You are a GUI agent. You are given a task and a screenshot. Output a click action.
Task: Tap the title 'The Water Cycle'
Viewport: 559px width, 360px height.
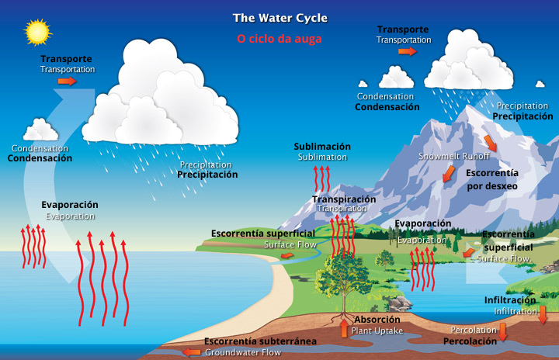tap(280, 18)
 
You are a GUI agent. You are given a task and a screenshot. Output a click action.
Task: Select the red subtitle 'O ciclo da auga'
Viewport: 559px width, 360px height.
tap(279, 37)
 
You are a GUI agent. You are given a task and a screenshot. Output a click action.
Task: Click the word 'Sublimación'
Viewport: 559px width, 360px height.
tap(322, 146)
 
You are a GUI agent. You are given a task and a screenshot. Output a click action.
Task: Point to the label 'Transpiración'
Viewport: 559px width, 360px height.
tap(344, 199)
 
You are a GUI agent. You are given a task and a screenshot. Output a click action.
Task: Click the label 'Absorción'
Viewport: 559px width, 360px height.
tap(377, 320)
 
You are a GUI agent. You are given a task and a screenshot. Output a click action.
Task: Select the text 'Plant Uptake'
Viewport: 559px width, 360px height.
tap(377, 331)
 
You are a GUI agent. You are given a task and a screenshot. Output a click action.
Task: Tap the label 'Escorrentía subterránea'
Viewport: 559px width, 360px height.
tap(260, 341)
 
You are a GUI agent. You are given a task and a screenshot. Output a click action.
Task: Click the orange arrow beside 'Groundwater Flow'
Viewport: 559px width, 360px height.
tap(191, 352)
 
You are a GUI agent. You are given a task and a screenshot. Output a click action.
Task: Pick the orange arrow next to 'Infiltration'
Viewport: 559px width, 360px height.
tap(543, 314)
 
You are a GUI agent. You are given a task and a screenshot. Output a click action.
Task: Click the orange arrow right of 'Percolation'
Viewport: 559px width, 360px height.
tap(503, 332)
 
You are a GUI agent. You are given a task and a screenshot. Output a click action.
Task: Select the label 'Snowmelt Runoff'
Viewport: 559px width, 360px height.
tap(454, 156)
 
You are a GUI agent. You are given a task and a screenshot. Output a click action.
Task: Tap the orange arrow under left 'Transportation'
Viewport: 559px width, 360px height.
tap(68, 81)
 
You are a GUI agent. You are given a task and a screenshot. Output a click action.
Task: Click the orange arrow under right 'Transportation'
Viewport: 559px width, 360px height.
tap(407, 51)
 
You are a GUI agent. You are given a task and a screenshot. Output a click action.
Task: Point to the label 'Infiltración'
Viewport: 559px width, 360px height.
tap(510, 299)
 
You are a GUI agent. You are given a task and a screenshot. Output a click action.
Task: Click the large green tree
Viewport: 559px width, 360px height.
tap(342, 275)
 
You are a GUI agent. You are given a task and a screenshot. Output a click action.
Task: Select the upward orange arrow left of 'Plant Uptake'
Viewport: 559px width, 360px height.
tap(345, 328)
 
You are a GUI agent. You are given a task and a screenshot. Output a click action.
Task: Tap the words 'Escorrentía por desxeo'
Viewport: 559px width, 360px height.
tap(492, 179)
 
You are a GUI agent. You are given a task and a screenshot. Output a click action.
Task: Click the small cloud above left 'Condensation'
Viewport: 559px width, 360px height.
tap(40, 130)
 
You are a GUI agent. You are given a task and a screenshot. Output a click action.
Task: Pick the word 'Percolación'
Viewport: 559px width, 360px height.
tap(470, 341)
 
